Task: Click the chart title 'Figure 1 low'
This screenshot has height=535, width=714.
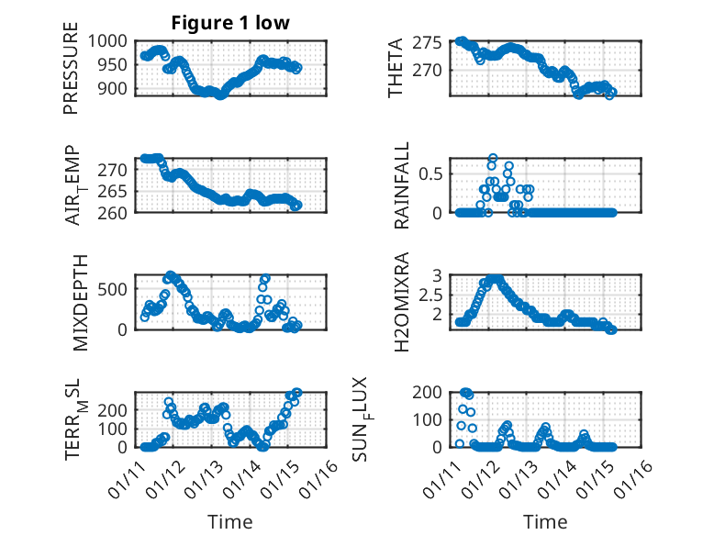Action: click(x=230, y=23)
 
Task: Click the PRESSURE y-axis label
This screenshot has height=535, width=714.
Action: click(x=71, y=75)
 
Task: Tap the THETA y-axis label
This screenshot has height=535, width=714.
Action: click(x=396, y=68)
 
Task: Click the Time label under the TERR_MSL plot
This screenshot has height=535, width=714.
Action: click(x=230, y=522)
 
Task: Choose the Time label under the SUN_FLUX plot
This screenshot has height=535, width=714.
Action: click(x=545, y=522)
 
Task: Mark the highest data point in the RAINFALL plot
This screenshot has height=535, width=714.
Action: click(x=493, y=158)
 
